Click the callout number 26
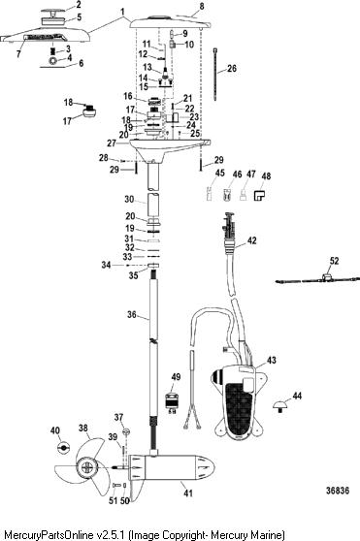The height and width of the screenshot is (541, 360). click(x=232, y=68)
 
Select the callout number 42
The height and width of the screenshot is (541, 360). click(x=252, y=240)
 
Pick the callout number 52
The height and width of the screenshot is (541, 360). click(x=334, y=261)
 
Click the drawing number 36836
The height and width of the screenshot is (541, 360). click(x=338, y=491)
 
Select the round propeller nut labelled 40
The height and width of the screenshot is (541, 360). click(x=63, y=447)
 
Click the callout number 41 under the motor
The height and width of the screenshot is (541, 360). click(x=188, y=493)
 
